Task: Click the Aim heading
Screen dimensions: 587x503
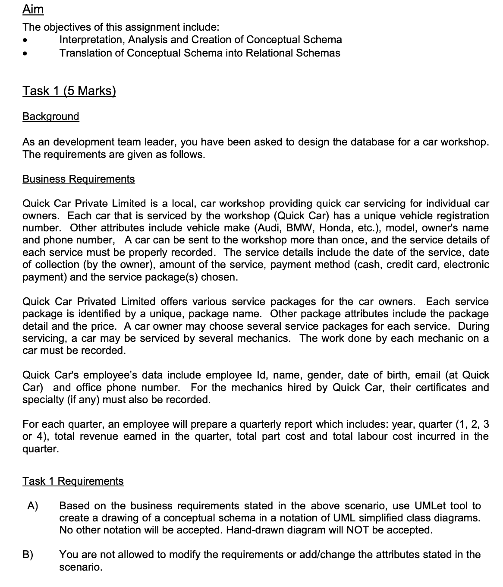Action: [33, 9]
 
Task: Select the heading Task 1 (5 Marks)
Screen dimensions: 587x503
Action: [69, 91]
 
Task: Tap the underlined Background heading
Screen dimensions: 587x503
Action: [51, 117]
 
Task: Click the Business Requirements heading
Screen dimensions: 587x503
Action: [79, 179]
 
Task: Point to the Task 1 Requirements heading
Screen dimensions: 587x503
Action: [73, 481]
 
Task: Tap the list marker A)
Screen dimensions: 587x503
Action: [33, 506]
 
